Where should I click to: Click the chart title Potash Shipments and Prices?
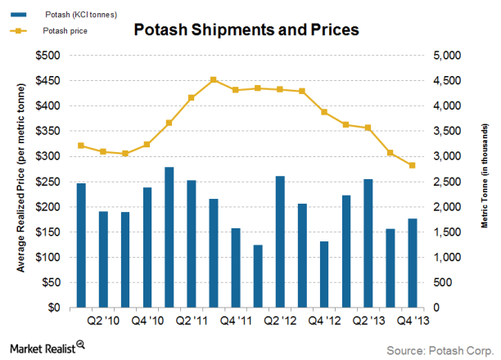point(246,31)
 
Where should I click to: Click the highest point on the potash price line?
point(213,80)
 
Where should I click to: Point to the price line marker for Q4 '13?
point(413,165)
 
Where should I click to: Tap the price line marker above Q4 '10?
point(147,144)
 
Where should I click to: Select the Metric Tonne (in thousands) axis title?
point(484,181)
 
